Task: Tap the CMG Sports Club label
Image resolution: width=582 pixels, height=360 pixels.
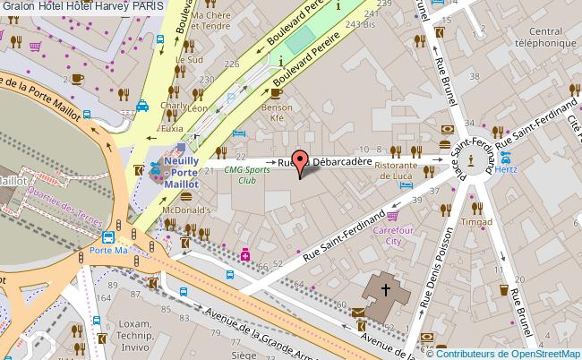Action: click(x=247, y=174)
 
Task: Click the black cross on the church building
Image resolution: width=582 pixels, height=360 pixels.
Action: click(x=386, y=290)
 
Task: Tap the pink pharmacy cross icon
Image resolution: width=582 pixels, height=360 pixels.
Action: click(x=244, y=254)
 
